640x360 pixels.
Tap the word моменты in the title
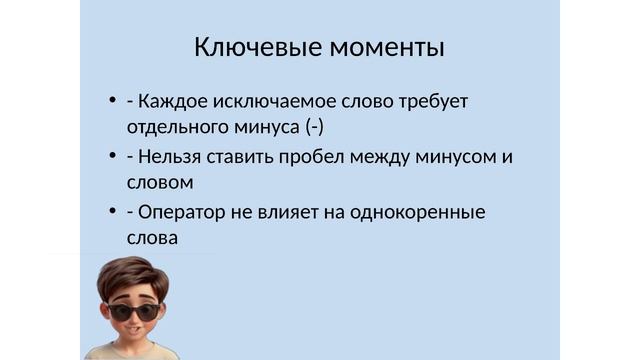click(x=387, y=47)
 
